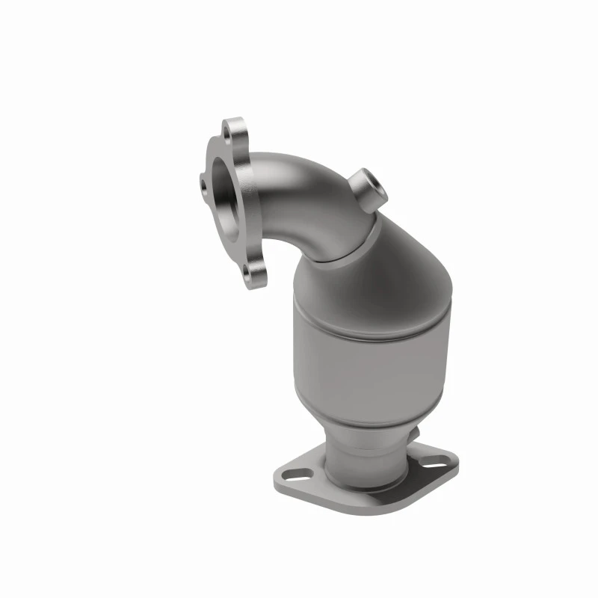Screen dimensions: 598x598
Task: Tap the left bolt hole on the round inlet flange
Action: [x=204, y=179]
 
